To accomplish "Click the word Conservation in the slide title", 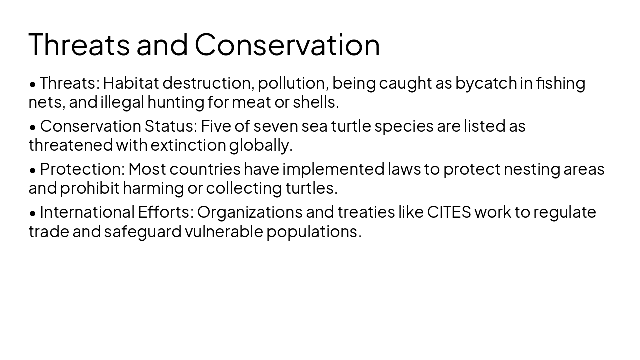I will click(x=287, y=44).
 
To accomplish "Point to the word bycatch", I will click(x=486, y=83).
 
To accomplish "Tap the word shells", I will click(x=315, y=102).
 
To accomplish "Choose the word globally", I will click(x=260, y=145).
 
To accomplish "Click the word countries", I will click(x=205, y=169).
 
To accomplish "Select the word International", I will click(x=87, y=212).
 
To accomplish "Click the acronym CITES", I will click(x=449, y=212).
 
